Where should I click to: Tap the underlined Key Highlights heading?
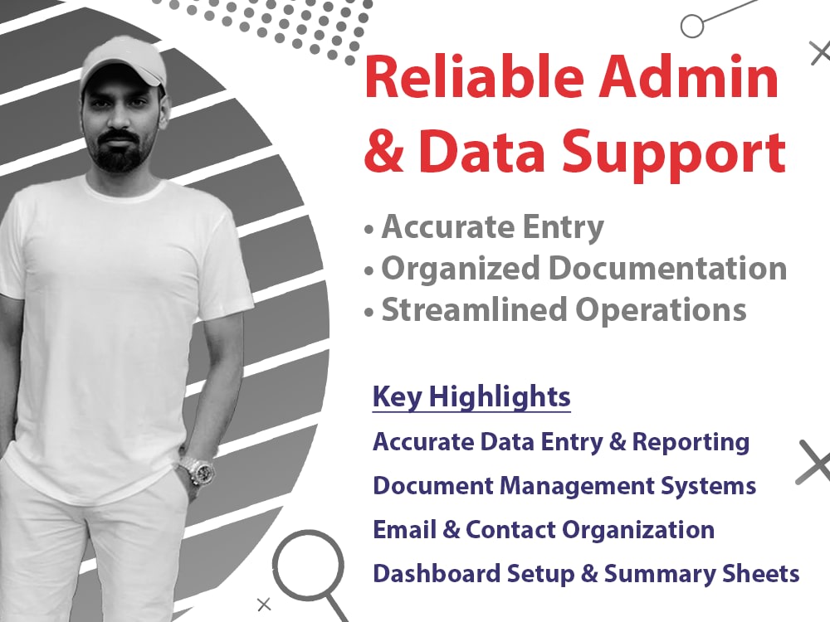[x=471, y=396]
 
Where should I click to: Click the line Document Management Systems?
[x=564, y=485]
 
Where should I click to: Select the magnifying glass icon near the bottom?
[x=309, y=566]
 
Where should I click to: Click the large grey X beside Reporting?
[x=814, y=462]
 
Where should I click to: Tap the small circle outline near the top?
[x=691, y=26]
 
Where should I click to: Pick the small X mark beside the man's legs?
[x=264, y=604]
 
